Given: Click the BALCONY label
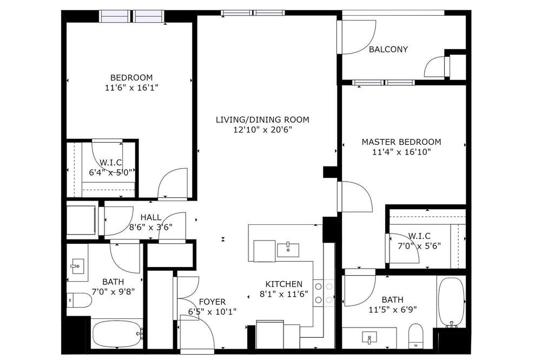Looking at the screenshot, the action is (388, 49).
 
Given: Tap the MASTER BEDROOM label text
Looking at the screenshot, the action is (401, 142).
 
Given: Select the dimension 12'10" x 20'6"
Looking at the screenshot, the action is (262, 130).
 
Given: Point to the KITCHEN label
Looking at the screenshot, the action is (283, 284).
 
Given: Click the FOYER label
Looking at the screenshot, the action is (212, 302).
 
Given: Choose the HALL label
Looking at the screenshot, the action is (151, 217).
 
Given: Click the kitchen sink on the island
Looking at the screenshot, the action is (288, 250).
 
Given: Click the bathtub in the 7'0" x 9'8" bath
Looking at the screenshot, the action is (117, 334).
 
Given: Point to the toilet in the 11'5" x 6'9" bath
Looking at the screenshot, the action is (415, 336).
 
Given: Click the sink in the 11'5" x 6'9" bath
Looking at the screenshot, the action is (369, 338).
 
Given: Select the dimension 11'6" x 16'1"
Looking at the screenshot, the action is (131, 88).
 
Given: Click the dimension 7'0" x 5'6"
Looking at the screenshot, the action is (419, 246).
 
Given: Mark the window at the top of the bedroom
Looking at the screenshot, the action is (131, 16).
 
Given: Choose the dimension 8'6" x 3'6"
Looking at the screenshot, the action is (151, 228).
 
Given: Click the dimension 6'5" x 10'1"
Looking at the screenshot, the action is (212, 312).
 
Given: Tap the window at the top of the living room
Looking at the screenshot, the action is (253, 13).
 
